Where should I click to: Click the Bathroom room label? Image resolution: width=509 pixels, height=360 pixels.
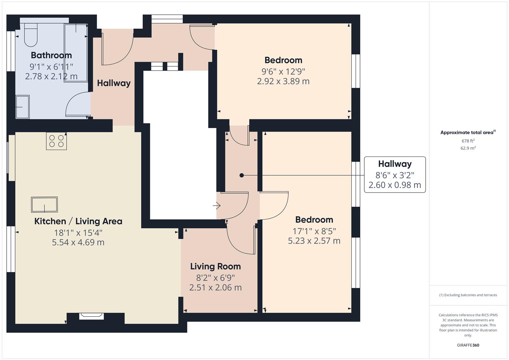[51, 55]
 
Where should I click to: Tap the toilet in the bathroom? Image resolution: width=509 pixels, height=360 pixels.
[30, 35]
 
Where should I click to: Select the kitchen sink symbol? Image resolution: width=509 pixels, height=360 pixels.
[44, 204]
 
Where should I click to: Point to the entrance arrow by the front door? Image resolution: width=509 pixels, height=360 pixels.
[217, 206]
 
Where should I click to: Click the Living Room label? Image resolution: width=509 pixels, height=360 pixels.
[215, 266]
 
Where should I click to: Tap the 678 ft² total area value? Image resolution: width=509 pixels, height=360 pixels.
[468, 141]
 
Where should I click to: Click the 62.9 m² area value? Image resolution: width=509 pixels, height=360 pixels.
[468, 148]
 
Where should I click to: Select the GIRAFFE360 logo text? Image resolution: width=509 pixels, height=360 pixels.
[468, 345]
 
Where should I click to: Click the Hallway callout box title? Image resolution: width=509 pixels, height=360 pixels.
[395, 164]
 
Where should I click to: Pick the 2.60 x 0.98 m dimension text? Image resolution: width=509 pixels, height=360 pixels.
[395, 185]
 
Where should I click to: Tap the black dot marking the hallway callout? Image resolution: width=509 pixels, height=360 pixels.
[242, 175]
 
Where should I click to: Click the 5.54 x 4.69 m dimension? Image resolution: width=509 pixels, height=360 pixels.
[78, 242]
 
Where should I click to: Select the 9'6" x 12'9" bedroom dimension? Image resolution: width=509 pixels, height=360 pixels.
[283, 71]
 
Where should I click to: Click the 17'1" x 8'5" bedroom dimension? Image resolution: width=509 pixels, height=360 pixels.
[314, 231]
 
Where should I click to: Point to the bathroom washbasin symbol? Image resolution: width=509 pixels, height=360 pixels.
[23, 107]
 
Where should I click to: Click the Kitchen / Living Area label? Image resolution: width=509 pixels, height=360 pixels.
[78, 221]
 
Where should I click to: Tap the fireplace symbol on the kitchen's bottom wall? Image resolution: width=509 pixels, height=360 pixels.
[90, 316]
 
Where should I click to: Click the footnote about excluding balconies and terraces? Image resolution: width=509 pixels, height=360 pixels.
[468, 295]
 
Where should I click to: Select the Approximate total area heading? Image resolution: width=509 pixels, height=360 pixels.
[467, 133]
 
